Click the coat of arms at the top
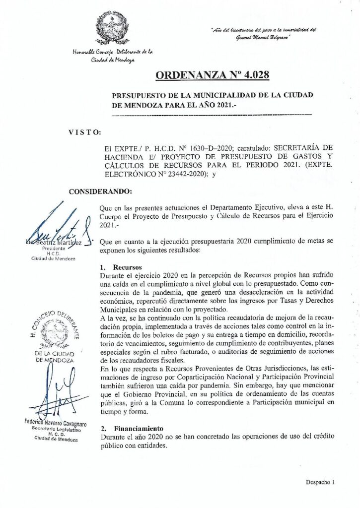tap(112, 28)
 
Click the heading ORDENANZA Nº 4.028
tap(212, 75)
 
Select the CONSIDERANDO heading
tap(100, 191)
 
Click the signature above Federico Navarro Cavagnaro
tap(52, 392)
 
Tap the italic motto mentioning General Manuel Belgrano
tap(263, 33)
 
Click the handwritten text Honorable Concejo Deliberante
tap(112, 55)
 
